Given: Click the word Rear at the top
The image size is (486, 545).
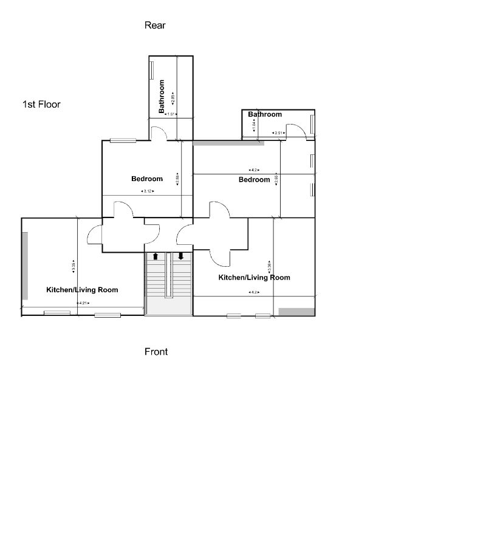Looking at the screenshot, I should point(155,26).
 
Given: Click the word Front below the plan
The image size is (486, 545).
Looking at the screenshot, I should point(156,352).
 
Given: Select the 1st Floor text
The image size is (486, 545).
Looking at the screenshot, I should point(41,105).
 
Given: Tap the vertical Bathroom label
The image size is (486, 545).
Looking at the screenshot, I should point(162,97).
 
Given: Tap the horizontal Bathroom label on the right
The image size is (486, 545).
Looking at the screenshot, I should point(265,114).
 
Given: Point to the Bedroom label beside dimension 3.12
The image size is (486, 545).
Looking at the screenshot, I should point(147,179).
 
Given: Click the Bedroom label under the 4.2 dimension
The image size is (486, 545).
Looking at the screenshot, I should point(254,180).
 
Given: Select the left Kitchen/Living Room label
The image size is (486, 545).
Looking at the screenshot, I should point(82,290).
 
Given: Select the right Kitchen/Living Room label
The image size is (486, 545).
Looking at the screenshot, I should point(254,278).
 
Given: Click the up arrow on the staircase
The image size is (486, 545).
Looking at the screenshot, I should point(156,256).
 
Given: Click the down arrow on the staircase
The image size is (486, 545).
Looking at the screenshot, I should point(181,256).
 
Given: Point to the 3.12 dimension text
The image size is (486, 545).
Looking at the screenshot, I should point(147,191).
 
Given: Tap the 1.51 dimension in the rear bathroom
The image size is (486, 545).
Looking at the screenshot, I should point(171,114).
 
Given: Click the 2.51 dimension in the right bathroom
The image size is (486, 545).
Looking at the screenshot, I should point(279,133).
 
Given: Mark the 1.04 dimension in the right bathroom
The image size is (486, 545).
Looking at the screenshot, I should point(254,124).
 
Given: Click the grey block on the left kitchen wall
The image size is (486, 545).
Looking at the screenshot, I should point(25,266).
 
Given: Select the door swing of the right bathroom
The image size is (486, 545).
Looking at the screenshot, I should point(296,131).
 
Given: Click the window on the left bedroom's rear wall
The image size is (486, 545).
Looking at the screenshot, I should point(123,140).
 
